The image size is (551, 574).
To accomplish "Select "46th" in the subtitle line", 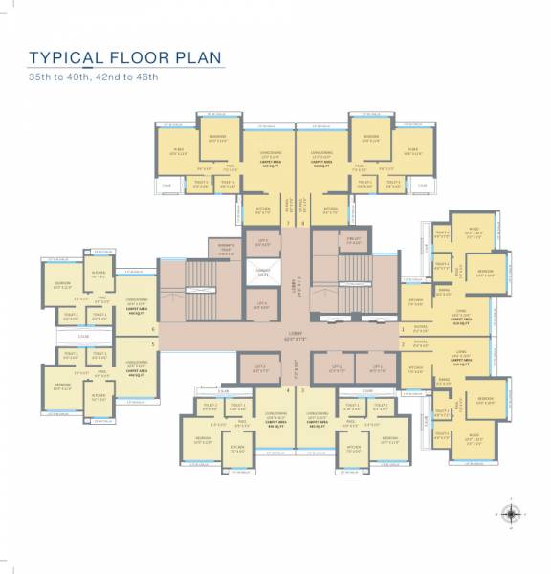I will pyautogui.click(x=143, y=77).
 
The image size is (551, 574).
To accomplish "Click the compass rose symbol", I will pyautogui.click(x=512, y=514).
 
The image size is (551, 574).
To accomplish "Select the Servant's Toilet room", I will pyautogui.click(x=226, y=251).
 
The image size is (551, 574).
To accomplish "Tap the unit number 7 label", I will pyautogui.click(x=288, y=223).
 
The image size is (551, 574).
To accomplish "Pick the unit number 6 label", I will pyautogui.click(x=152, y=328).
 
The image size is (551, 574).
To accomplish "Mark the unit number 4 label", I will pyautogui.click(x=288, y=390).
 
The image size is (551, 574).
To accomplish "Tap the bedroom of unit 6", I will pyautogui.click(x=63, y=286).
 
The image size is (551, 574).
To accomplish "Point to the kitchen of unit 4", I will pyautogui.click(x=235, y=447).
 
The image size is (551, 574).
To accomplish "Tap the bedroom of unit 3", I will pyautogui.click(x=388, y=441).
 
